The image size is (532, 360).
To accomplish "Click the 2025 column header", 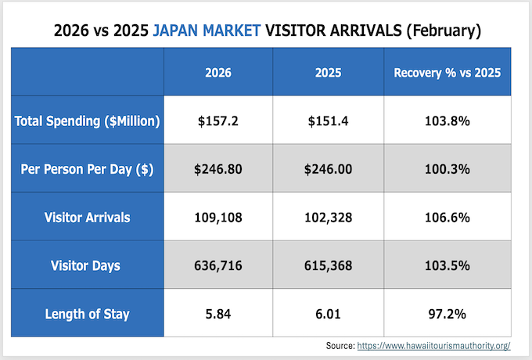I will [x=326, y=73].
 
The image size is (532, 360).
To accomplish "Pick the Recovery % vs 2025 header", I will [x=447, y=73].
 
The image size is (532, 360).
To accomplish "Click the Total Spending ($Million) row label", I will [x=88, y=121].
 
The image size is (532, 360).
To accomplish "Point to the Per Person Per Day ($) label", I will [x=88, y=169].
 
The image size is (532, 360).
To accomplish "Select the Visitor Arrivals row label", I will [x=88, y=218].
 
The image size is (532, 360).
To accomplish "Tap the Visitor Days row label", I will [x=88, y=266].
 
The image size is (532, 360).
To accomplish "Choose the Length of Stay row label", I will [x=88, y=314].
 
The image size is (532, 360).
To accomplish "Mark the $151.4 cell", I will [x=326, y=121].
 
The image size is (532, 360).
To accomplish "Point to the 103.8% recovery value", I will [x=447, y=121].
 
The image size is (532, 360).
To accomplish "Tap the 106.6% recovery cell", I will [x=447, y=218].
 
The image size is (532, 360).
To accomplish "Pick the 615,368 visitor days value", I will [x=326, y=266].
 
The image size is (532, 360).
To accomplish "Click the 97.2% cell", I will [x=447, y=314].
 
